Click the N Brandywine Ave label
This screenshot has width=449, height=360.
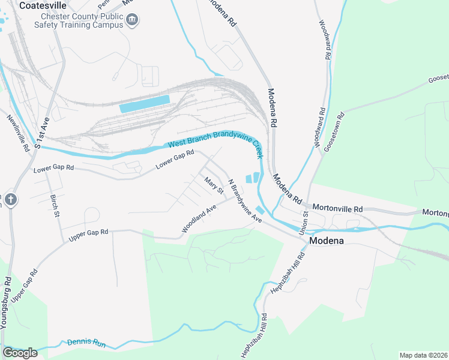tap(246, 201)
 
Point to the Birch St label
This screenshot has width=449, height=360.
tap(55, 205)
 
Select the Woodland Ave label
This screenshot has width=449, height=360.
tap(199, 220)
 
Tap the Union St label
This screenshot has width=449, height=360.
tap(306, 221)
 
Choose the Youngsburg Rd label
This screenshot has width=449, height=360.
tap(6, 302)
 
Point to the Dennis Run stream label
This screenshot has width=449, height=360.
tap(86, 343)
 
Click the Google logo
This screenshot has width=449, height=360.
tap(20, 353)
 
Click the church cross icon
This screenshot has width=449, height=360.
tap(10, 199)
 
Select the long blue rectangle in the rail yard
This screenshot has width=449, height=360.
tap(145, 103)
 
